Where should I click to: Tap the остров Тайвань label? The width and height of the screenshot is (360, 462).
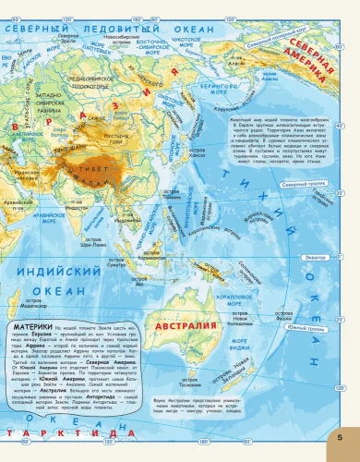pyautogui.click(x=173, y=196)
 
